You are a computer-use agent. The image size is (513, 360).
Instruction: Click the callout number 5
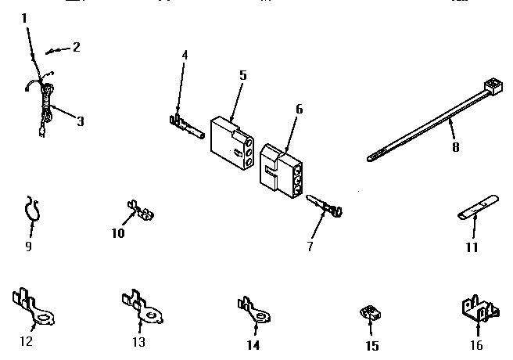pos(242,75)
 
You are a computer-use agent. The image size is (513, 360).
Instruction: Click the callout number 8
pos(455,146)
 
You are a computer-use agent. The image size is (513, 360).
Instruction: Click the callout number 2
pos(76,47)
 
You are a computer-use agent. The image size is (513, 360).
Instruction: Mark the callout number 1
pos(23,17)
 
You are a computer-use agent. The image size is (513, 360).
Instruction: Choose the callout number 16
pos(475,345)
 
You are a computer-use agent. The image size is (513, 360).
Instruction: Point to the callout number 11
pos(472,248)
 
